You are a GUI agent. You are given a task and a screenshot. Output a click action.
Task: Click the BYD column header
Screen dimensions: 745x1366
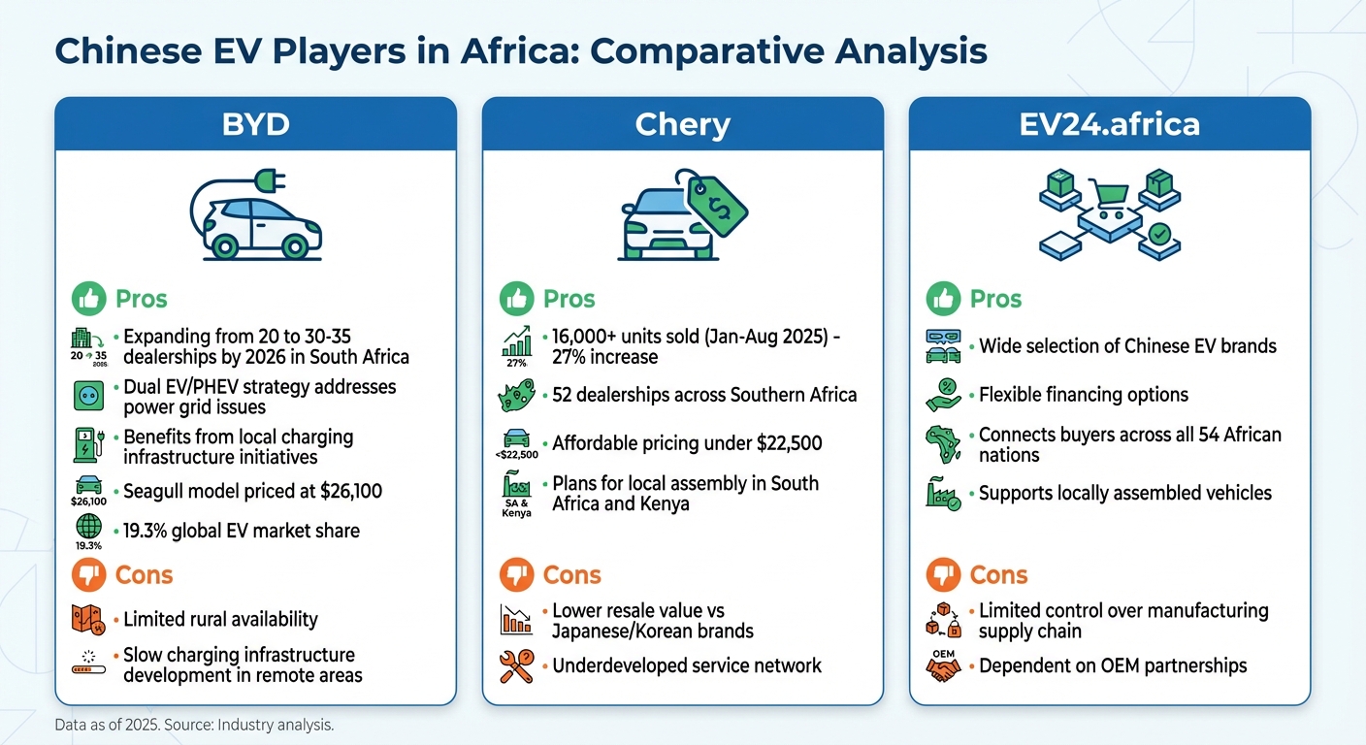pyautogui.click(x=255, y=124)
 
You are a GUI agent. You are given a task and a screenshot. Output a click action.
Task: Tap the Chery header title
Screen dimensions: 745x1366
pyautogui.click(x=682, y=124)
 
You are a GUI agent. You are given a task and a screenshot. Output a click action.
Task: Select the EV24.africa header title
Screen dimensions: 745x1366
pyautogui.click(x=1109, y=124)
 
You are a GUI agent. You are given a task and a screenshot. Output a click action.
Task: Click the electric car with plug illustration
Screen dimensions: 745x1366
pyautogui.click(x=255, y=216)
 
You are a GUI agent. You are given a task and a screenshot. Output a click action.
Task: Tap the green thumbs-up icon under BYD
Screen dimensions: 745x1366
pyautogui.click(x=88, y=299)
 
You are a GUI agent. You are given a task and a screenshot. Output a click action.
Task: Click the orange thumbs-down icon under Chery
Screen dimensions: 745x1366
pyautogui.click(x=516, y=575)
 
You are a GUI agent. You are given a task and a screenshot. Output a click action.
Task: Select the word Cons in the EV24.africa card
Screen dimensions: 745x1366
pyautogui.click(x=998, y=575)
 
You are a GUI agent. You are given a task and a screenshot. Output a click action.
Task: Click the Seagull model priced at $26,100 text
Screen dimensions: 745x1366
pyautogui.click(x=252, y=491)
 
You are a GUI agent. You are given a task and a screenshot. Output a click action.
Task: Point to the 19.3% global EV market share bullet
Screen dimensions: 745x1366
pyautogui.click(x=241, y=531)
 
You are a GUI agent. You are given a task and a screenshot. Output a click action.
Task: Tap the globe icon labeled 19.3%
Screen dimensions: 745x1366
pyautogui.click(x=88, y=527)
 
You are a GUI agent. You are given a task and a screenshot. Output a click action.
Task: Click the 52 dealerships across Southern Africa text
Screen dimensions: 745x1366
pyautogui.click(x=704, y=395)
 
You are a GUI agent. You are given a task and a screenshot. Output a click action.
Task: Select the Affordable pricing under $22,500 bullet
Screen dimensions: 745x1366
pyautogui.click(x=687, y=443)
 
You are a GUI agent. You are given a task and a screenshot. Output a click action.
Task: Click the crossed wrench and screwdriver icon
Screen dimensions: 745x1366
pyautogui.click(x=516, y=666)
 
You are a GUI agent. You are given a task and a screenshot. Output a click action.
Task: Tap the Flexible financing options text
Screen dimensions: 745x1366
pyautogui.click(x=1083, y=395)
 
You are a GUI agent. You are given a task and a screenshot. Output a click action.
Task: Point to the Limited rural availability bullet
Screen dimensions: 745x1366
pyautogui.click(x=220, y=619)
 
